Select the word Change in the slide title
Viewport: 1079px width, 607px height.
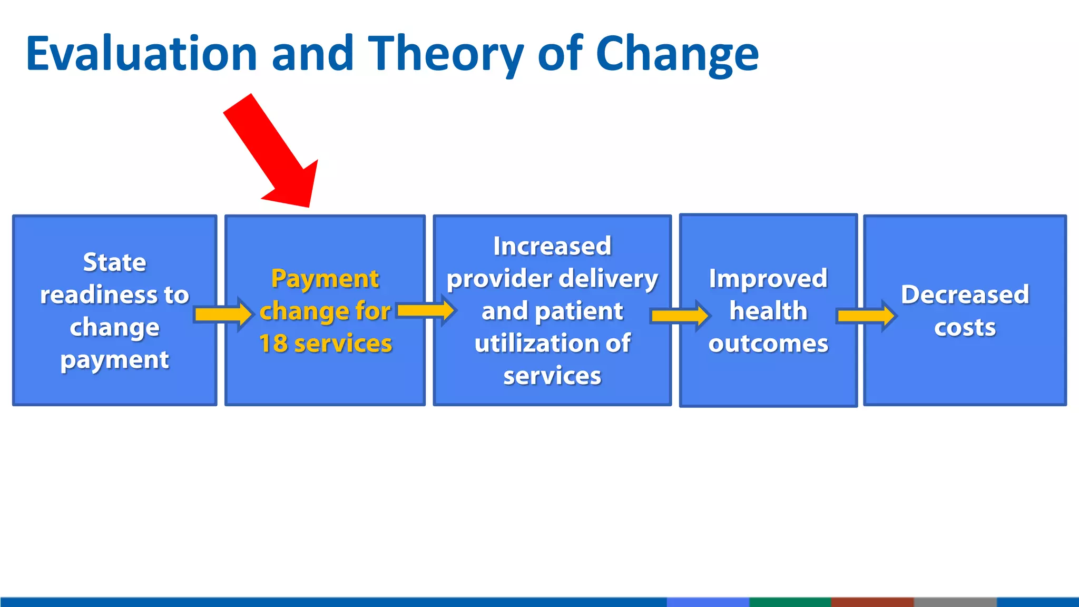point(676,54)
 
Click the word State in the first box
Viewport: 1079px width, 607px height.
point(114,262)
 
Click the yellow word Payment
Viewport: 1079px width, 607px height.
point(325,278)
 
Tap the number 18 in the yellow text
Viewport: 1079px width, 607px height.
point(273,344)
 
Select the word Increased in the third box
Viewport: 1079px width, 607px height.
point(552,246)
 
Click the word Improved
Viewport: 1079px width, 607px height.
point(768,278)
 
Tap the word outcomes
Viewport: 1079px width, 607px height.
point(768,344)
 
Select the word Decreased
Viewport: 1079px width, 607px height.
point(965,295)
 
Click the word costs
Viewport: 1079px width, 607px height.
point(965,327)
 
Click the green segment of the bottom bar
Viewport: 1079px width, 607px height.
point(790,602)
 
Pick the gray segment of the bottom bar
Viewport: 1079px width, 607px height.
point(955,602)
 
